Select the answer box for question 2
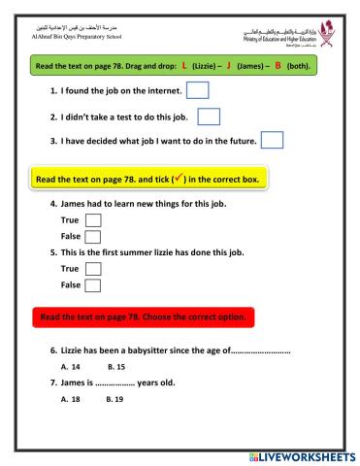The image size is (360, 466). click(x=209, y=116)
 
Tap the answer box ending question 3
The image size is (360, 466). click(x=273, y=141)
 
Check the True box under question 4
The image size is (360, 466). click(x=93, y=221)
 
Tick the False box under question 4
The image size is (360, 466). click(x=93, y=237)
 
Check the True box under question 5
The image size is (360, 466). click(x=94, y=269)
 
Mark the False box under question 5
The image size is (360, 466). click(x=94, y=285)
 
